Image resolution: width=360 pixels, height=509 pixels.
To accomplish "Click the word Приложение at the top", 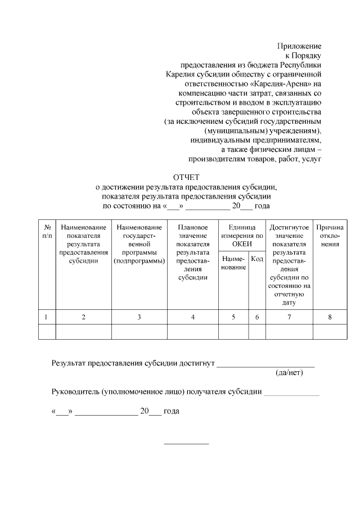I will point(299,46).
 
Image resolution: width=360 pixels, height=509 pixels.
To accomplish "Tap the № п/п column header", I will point(47,231).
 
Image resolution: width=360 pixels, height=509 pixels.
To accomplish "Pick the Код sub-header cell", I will point(257,259).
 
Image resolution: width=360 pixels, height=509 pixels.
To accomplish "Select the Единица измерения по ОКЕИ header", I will point(242,236).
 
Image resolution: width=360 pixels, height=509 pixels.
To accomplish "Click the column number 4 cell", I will point(192,317).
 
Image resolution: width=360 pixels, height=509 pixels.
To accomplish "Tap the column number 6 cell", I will point(257,317).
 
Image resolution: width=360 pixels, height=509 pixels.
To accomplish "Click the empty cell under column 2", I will point(83,332).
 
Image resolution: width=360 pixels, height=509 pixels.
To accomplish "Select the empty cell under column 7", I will point(289,332).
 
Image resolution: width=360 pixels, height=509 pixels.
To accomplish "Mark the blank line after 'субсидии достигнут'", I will point(265,366).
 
